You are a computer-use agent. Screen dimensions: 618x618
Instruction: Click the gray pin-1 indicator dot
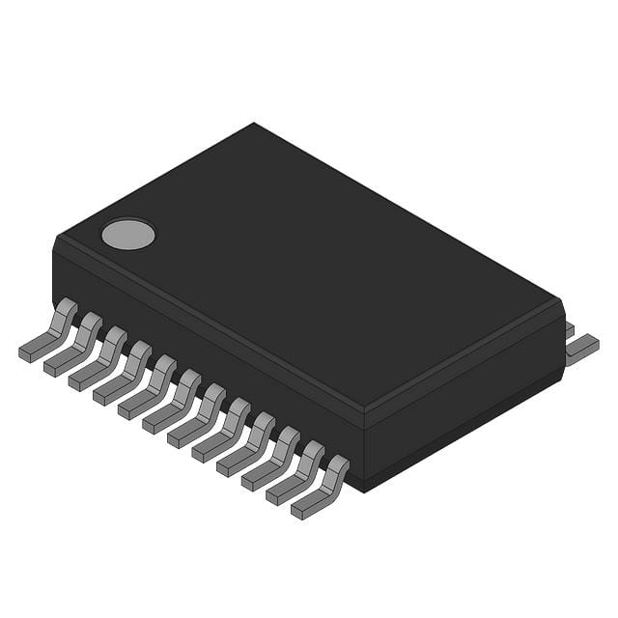127,233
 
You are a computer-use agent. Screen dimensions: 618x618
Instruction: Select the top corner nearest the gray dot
60,238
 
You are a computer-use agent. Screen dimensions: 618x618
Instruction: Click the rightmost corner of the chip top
560,301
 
